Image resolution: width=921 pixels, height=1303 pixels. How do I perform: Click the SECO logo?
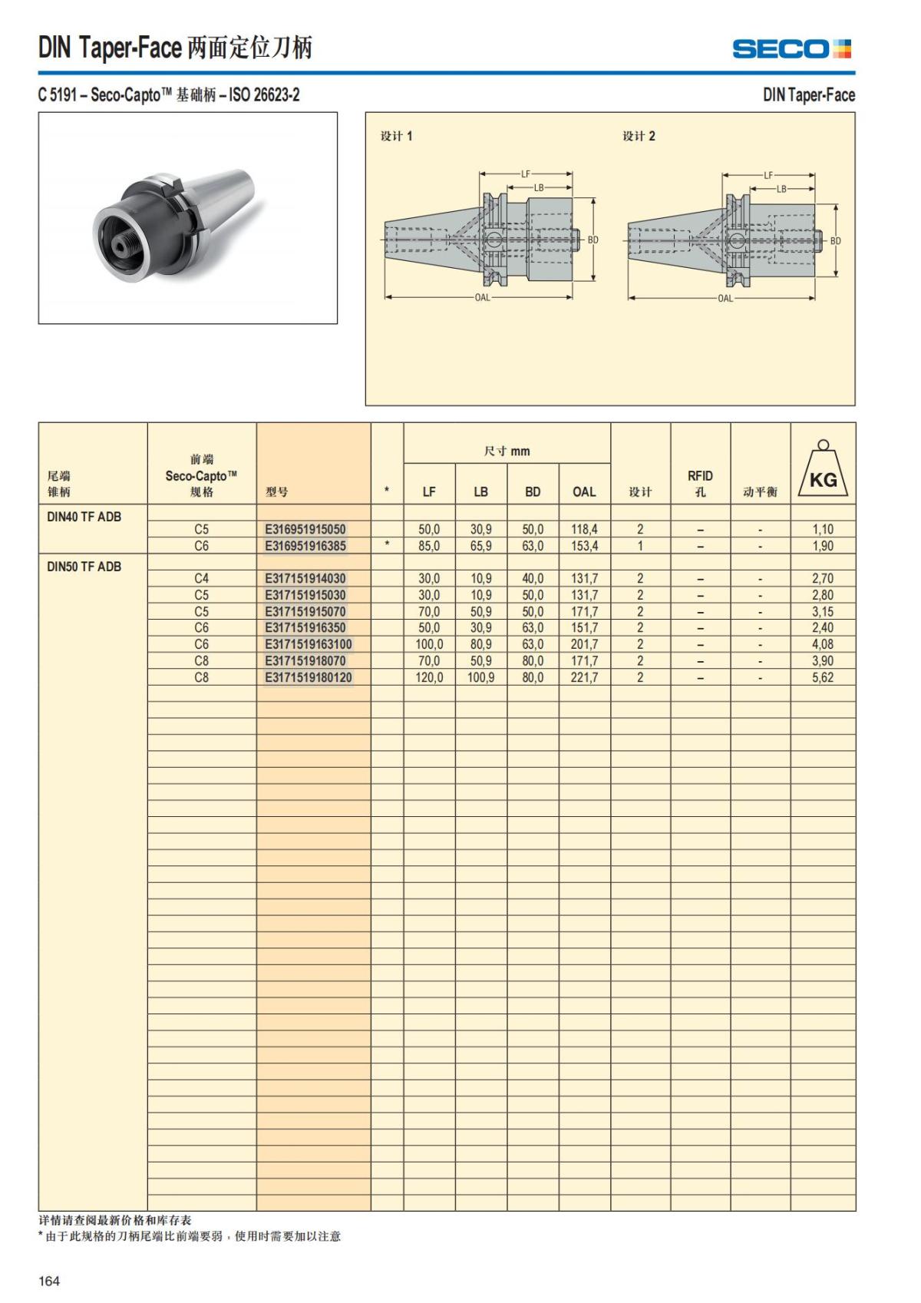point(791,49)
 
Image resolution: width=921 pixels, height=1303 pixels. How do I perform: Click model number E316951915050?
point(305,529)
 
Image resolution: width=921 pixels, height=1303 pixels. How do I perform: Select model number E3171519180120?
point(309,678)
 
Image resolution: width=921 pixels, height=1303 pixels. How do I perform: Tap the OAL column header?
point(584,492)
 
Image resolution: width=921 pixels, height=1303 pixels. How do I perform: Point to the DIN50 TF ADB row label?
point(84,567)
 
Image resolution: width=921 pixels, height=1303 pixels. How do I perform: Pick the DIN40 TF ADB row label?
point(84,517)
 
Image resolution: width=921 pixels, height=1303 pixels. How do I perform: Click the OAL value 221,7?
point(584,678)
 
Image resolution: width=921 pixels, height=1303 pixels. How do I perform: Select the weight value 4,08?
point(823,644)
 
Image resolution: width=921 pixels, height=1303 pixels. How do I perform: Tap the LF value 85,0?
point(429,546)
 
